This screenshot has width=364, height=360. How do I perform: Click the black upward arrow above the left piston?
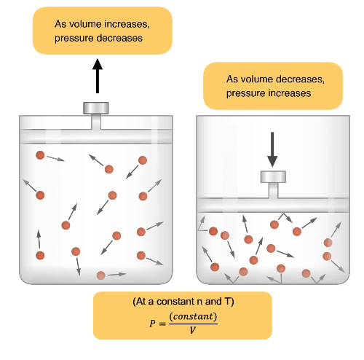click(x=98, y=76)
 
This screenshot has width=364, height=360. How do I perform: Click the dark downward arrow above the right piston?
click(x=272, y=149)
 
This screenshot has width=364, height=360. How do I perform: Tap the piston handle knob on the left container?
click(x=96, y=108)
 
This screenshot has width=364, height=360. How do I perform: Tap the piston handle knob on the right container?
click(x=273, y=177)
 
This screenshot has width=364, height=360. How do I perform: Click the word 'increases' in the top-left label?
click(x=127, y=24)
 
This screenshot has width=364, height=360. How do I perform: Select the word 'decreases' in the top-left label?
click(x=119, y=38)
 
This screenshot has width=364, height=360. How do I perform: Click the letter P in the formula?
click(x=152, y=324)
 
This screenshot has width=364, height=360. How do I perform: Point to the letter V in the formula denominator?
click(x=193, y=330)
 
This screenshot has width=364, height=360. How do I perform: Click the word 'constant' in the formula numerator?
click(x=193, y=316)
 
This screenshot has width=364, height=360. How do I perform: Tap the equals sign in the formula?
click(x=162, y=324)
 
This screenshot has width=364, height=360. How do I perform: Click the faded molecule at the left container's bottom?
click(x=101, y=275)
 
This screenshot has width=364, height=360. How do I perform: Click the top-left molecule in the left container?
click(x=40, y=155)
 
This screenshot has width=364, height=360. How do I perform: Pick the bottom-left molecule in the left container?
click(x=40, y=256)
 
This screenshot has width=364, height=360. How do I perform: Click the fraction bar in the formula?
click(x=193, y=324)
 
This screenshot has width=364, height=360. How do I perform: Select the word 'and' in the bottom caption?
click(x=213, y=302)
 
